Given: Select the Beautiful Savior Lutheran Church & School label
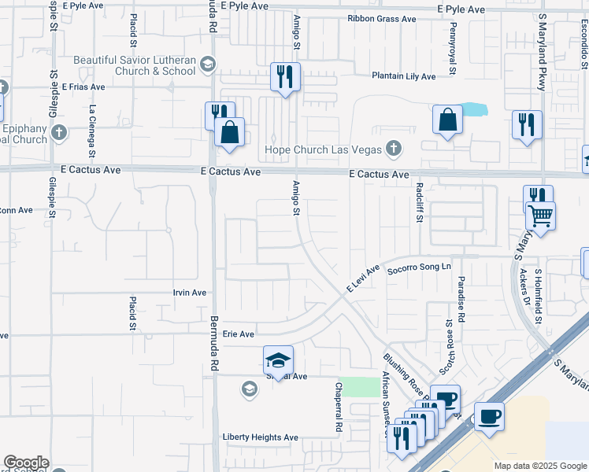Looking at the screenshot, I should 135,65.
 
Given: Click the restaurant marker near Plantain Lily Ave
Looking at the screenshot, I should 284,76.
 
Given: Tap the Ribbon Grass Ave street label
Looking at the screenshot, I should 381,19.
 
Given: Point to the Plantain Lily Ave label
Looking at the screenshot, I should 403,76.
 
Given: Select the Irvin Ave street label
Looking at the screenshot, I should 189,293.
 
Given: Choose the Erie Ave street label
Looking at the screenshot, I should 238,334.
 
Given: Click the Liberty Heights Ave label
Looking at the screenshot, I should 261,437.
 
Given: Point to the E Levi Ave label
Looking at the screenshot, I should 364,278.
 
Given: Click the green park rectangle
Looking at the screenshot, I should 361,387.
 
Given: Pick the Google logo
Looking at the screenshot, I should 26,463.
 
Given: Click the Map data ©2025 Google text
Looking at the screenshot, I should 539,466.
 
